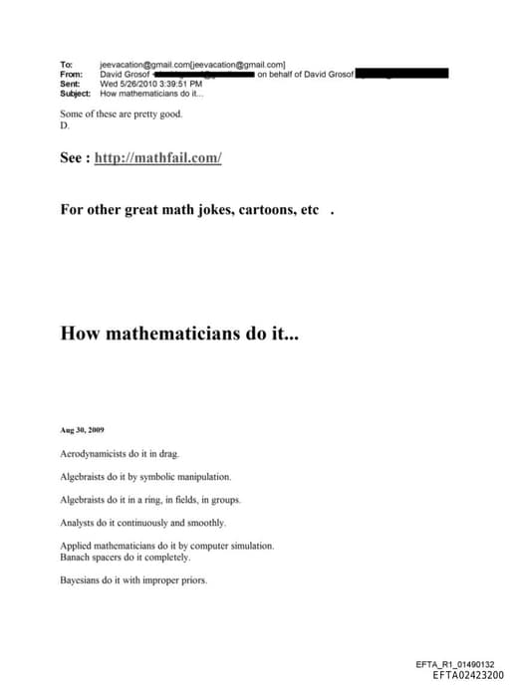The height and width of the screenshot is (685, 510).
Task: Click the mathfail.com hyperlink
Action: click(157, 158)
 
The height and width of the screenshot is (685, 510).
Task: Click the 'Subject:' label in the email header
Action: click(75, 94)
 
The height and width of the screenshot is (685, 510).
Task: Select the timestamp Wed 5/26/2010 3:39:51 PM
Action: click(150, 84)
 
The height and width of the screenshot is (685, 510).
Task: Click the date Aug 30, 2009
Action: click(82, 430)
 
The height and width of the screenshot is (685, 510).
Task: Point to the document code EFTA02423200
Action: click(468, 674)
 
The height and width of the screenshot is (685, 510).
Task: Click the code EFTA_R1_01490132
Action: click(461, 663)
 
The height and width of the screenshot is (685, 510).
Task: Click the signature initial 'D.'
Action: click(65, 126)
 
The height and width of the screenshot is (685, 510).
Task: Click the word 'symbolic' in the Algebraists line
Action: click(158, 477)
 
